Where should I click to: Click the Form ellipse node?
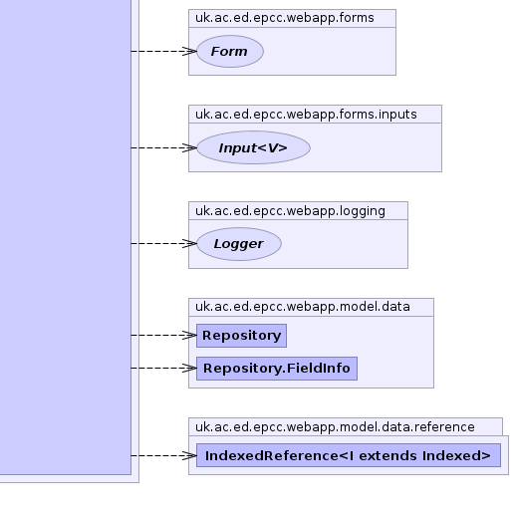(x=230, y=52)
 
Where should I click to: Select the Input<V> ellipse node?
(x=253, y=147)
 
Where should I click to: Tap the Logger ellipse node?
(x=239, y=244)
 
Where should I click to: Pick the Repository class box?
(x=241, y=336)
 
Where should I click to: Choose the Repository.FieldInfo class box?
(x=277, y=369)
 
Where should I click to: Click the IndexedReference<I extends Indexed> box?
(x=349, y=455)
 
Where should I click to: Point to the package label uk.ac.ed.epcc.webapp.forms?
(x=285, y=18)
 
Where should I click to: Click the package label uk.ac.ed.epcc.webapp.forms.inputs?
(x=306, y=115)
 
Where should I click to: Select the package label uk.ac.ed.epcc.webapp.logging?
(x=290, y=211)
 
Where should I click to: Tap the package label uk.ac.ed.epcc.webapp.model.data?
(x=303, y=307)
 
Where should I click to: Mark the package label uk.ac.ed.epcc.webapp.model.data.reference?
(x=335, y=427)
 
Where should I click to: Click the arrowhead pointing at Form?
(x=190, y=52)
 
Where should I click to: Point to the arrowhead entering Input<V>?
(x=190, y=148)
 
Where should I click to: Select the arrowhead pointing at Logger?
(x=190, y=244)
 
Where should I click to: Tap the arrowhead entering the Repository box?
(x=190, y=336)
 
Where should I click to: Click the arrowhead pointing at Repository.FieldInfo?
(x=190, y=369)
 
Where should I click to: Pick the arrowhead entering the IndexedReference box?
(x=190, y=456)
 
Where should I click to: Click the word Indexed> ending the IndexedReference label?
(x=456, y=456)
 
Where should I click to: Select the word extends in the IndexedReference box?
(x=387, y=456)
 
